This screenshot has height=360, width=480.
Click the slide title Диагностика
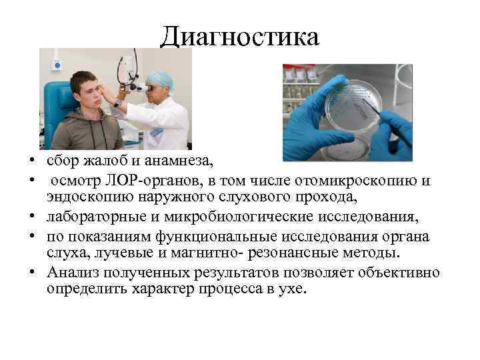240,37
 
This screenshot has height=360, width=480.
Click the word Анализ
74,272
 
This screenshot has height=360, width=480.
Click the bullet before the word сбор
31,162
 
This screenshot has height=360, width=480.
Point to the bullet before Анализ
31,273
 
